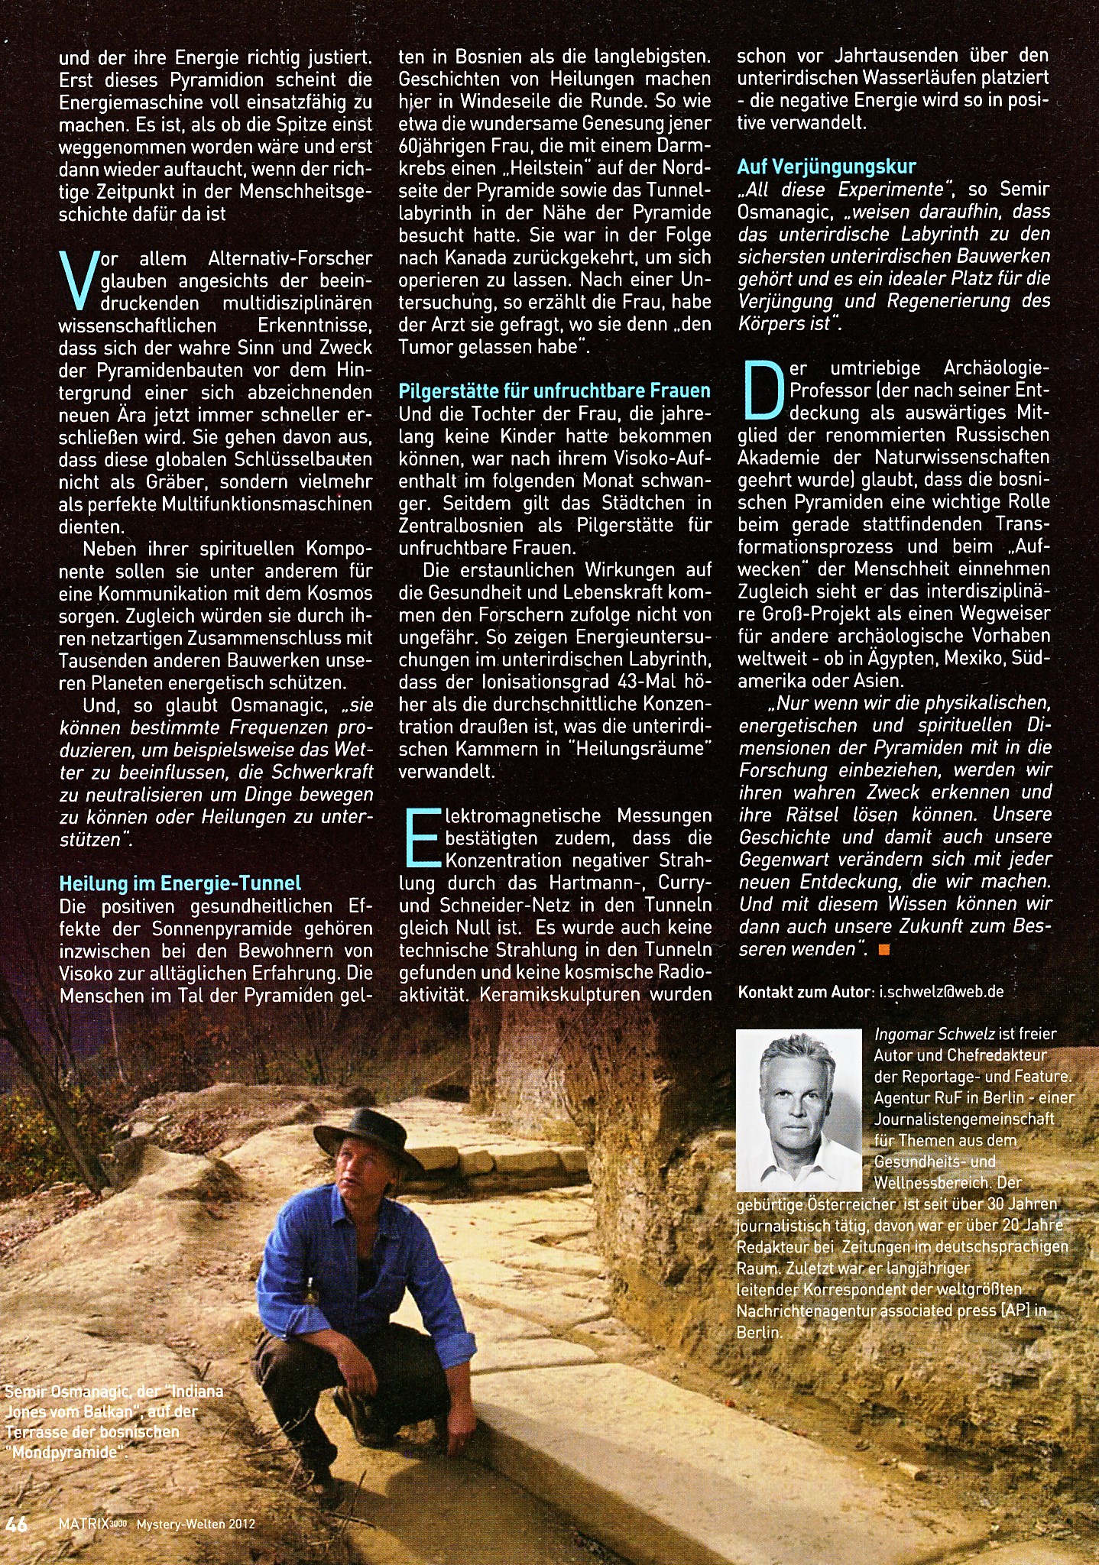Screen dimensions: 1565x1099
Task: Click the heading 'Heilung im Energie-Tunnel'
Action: tap(180, 883)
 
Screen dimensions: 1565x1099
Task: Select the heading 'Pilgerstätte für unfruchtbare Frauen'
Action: tap(554, 391)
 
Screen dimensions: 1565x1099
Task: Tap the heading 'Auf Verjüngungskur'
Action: tap(826, 167)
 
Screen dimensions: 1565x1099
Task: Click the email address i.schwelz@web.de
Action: tap(942, 992)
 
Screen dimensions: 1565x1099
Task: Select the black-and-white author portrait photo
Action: tap(799, 1110)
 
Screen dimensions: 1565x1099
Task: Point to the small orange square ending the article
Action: tap(885, 950)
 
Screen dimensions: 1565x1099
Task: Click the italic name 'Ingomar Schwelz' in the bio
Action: tap(934, 1034)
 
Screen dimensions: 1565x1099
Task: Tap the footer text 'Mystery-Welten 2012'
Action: tap(196, 1524)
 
